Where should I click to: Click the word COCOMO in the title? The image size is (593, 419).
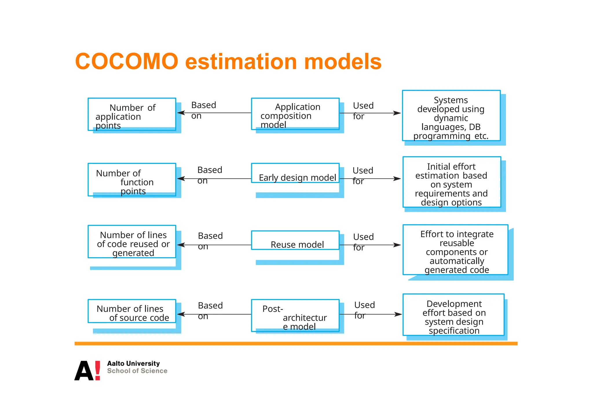pos(127,62)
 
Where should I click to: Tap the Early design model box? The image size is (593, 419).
pos(295,173)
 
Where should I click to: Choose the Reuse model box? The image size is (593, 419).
pos(295,240)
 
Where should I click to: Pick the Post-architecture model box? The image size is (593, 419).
pos(295,315)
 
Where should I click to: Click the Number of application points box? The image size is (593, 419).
pos(132,114)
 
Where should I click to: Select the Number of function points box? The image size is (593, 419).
pos(132,180)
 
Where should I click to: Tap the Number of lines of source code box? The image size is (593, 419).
pos(132,311)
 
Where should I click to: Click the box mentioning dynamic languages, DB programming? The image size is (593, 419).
pos(451,116)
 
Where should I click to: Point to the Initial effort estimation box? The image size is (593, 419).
pos(451,182)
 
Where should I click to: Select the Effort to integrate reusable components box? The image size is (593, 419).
pos(455,250)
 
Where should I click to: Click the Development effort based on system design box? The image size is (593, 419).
pos(453,315)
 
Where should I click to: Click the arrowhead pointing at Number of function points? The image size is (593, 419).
pos(181,179)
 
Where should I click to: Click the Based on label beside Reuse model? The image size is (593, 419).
pos(210,241)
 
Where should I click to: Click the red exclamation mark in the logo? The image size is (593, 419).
pos(98,370)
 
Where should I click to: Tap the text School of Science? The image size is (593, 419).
pos(137,371)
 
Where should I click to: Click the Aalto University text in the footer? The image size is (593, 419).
pos(133,363)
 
